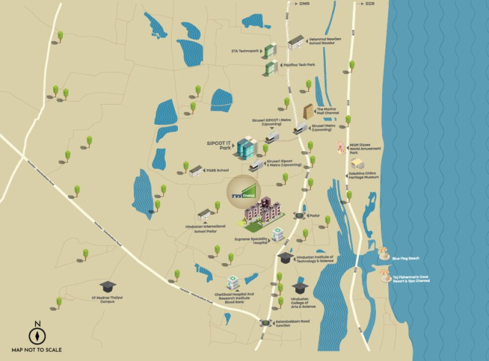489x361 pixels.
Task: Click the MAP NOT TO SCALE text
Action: [37, 351]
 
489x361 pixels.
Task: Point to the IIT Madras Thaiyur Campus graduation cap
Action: [108, 286]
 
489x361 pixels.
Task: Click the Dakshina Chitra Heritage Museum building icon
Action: [357, 163]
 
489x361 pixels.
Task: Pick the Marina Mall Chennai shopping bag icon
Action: [309, 111]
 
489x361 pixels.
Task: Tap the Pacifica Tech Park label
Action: [298, 64]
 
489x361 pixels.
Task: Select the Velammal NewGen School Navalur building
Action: [295, 42]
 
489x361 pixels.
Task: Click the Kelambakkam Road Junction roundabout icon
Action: [265, 323]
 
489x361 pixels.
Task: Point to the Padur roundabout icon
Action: [299, 215]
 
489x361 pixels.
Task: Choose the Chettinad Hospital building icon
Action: [233, 282]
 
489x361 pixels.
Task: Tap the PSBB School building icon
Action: [195, 170]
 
